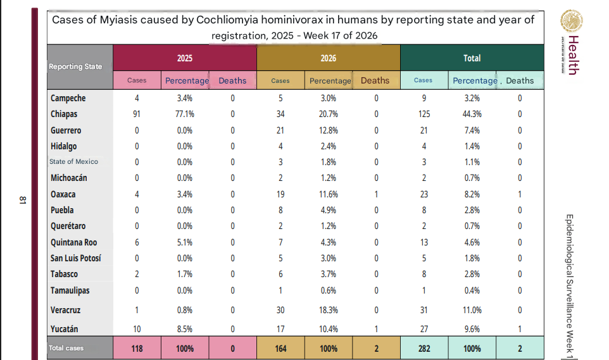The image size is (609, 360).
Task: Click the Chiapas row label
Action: click(x=64, y=114)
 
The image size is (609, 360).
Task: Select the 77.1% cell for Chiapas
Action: click(x=185, y=114)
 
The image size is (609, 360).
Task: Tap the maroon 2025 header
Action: click(x=185, y=58)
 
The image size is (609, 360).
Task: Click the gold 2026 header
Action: click(x=328, y=58)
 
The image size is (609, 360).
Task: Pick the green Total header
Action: click(x=472, y=58)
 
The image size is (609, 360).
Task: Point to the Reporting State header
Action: click(x=75, y=66)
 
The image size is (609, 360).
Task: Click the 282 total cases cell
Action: click(x=424, y=349)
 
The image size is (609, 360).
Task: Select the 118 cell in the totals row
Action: click(x=137, y=349)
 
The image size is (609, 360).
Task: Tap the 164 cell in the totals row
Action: click(x=280, y=349)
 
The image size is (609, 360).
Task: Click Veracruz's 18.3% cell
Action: click(x=329, y=310)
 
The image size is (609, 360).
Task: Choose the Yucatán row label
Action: click(x=64, y=329)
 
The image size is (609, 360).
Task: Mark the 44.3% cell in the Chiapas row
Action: click(x=472, y=114)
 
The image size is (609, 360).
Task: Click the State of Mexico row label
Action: click(x=73, y=161)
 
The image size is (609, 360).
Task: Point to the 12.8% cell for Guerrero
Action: click(x=329, y=130)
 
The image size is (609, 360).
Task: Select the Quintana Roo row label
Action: click(x=74, y=242)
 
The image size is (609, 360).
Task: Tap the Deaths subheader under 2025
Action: click(x=232, y=80)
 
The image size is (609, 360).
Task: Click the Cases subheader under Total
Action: click(x=423, y=80)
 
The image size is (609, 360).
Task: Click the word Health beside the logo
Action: click(x=574, y=55)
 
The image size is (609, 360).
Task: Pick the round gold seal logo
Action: click(x=571, y=21)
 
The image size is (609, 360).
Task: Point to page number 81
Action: click(x=23, y=200)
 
